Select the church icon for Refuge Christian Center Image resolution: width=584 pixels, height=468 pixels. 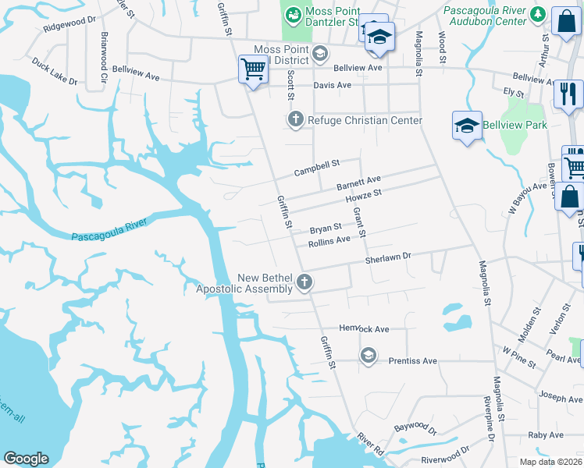click(295, 119)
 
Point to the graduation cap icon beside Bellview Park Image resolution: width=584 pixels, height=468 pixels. click(466, 126)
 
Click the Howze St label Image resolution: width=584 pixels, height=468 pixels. click(363, 197)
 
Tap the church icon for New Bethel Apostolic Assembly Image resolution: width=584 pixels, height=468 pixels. click(304, 282)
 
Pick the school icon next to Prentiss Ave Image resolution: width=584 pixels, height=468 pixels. click(367, 356)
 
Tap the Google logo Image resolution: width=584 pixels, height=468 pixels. click(26, 458)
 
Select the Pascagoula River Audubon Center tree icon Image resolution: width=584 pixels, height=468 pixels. click(537, 14)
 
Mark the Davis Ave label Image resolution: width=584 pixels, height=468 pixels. click(333, 85)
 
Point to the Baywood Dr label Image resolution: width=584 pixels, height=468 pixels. click(415, 427)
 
